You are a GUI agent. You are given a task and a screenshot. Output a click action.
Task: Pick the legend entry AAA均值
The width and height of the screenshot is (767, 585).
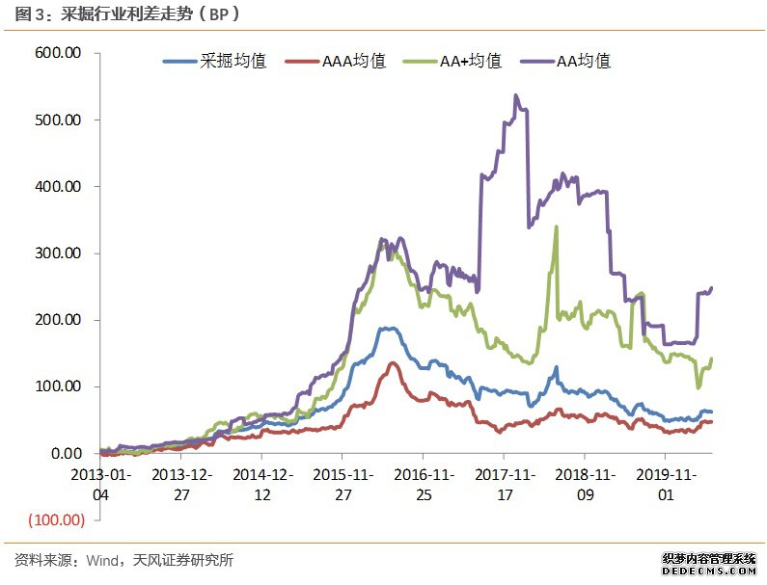(351, 61)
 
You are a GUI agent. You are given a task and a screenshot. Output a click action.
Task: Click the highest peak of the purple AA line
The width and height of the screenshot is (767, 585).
(515, 95)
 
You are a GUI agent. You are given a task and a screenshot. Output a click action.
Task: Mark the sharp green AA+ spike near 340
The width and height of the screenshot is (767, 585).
(557, 227)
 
